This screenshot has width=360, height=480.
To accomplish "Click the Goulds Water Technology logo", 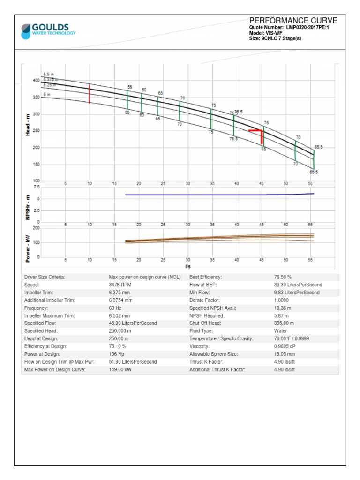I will point(48,30).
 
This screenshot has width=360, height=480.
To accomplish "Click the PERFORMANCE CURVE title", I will point(293,21).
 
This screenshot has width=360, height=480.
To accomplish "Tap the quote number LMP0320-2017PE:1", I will point(308,28).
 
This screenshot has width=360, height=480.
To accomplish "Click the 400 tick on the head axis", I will point(36,81).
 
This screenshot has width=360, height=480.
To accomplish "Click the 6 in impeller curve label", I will point(47,95).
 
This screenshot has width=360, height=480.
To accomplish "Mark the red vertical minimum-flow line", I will point(90,94).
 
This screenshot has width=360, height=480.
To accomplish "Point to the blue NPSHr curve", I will point(211,195).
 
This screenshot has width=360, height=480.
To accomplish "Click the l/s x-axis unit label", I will point(188,266).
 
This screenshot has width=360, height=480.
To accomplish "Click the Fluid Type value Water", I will point(280,331).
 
